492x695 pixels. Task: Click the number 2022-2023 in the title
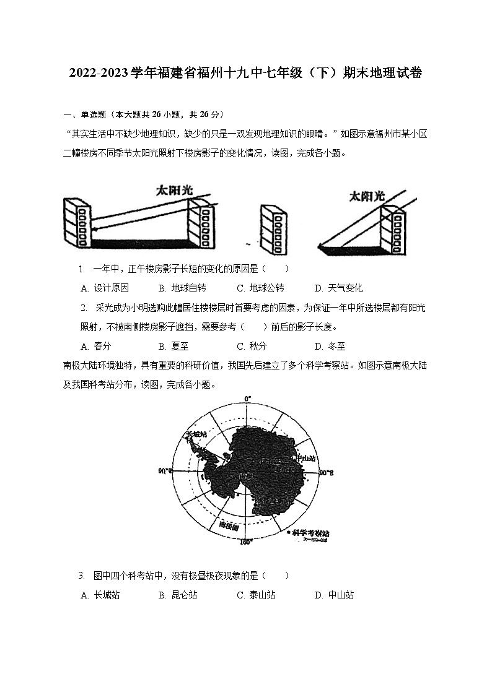(x=99, y=74)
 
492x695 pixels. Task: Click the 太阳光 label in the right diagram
(x=367, y=196)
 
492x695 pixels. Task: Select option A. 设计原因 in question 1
(x=105, y=288)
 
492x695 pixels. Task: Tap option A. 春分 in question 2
(x=96, y=346)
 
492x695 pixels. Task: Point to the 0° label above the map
(x=247, y=399)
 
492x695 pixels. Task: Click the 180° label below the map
(x=246, y=543)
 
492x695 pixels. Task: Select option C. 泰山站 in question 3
(x=256, y=595)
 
